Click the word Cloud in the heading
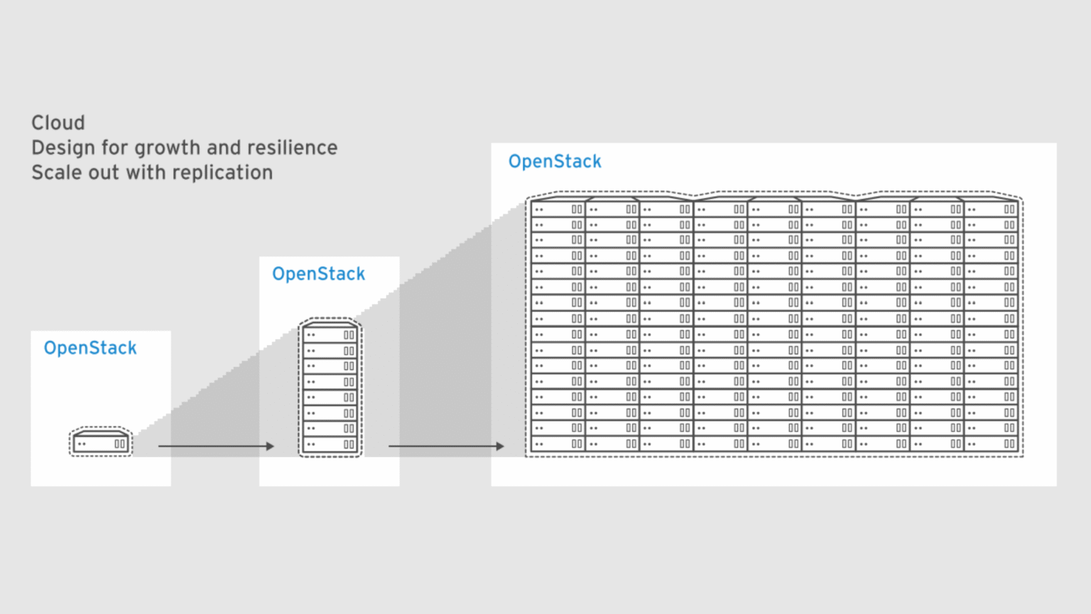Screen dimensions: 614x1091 (x=58, y=123)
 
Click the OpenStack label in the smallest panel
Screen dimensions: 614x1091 (x=90, y=348)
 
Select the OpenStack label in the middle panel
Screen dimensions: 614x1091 (x=318, y=274)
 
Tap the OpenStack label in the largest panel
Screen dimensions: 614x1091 (x=555, y=162)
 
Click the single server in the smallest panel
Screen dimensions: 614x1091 (x=101, y=443)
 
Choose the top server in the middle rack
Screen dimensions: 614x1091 (x=330, y=335)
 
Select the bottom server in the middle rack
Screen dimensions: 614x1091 (x=330, y=444)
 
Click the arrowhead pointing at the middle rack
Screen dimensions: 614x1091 (x=270, y=446)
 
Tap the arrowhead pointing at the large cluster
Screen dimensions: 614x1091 (x=500, y=446)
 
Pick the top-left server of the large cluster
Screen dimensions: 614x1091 (x=558, y=210)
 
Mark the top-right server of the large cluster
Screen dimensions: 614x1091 (x=991, y=210)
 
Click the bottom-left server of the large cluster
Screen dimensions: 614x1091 (x=558, y=443)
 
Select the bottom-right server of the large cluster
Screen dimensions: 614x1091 (x=991, y=443)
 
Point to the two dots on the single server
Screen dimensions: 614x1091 (x=82, y=444)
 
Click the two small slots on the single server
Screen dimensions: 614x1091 (x=120, y=444)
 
